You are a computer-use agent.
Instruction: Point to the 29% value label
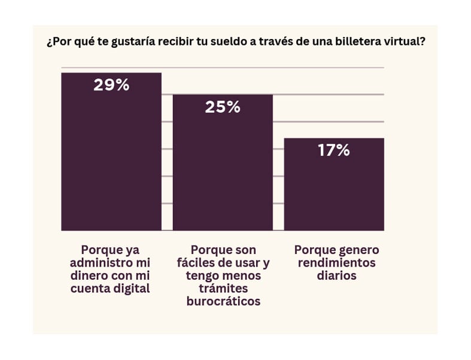click(111, 85)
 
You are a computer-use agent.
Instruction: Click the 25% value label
click(223, 107)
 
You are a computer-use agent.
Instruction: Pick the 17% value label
click(334, 150)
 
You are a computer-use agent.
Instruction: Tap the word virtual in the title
click(405, 43)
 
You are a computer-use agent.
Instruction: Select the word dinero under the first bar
click(90, 276)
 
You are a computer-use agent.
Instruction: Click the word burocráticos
click(223, 301)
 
